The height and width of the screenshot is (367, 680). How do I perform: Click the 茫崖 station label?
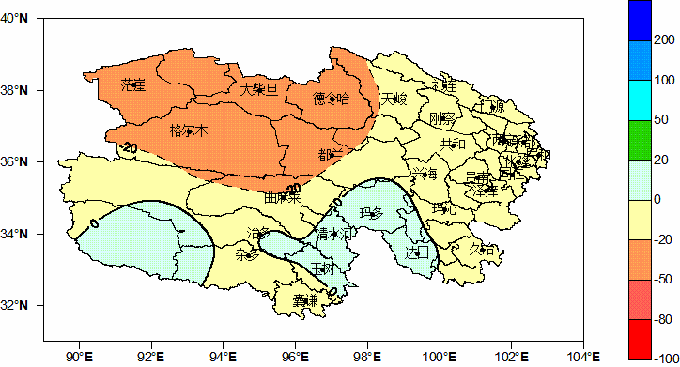[x=132, y=85]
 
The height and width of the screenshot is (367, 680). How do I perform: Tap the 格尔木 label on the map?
[x=188, y=130]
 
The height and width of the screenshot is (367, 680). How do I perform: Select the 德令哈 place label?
[x=331, y=98]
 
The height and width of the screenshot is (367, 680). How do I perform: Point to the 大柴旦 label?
[x=259, y=89]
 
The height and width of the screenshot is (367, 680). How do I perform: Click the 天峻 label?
[x=395, y=98]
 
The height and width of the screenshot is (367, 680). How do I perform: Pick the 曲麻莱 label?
[x=282, y=198]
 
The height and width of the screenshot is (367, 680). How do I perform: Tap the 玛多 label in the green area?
[x=370, y=214]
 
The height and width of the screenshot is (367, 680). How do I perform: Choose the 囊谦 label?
[x=303, y=300]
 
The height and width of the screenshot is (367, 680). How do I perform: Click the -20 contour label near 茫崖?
[x=129, y=147]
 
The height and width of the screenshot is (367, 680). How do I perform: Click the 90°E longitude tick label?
[x=79, y=356]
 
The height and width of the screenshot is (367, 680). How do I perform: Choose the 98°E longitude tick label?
[x=366, y=356]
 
